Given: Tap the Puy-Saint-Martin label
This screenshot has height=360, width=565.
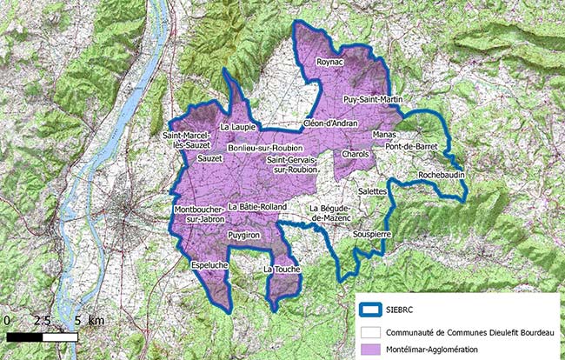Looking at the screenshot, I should [373, 100].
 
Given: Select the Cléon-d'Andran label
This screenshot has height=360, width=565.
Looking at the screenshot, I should [331, 123].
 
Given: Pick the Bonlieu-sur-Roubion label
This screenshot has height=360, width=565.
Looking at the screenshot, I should [265, 149].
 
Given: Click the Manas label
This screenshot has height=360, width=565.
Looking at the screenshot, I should [383, 137].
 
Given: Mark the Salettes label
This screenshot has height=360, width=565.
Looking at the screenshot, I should [375, 189].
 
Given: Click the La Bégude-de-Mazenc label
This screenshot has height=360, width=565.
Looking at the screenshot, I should [332, 214].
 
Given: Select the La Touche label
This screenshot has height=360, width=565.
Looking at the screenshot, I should [282, 270].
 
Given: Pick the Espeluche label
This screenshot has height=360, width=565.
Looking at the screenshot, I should [209, 264].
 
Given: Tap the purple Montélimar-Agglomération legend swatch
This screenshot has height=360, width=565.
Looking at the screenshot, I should [376, 349].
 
